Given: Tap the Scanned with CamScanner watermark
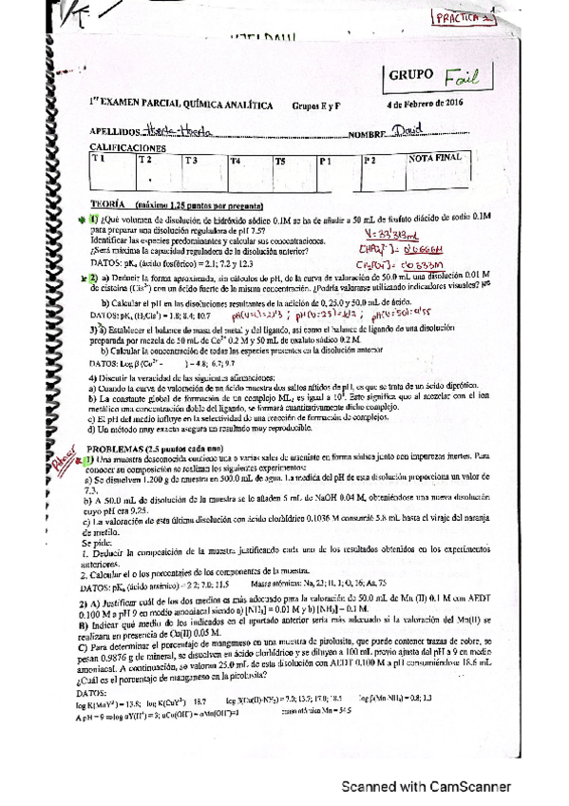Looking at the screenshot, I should [430, 787].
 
